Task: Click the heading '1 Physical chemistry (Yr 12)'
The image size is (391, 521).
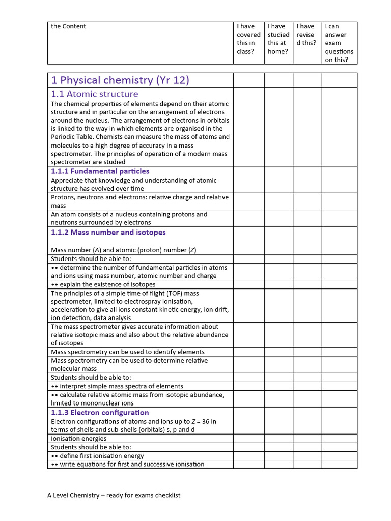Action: pos(120,80)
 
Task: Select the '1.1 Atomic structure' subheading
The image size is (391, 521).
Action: pos(94,94)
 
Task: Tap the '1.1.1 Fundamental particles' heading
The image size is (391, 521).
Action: pos(100,171)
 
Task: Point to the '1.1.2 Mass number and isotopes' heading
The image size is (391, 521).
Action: pos(108,233)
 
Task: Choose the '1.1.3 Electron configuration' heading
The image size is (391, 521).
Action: pos(100,413)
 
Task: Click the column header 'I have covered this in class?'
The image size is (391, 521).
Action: pos(248,39)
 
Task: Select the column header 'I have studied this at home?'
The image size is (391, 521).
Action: pos(278,39)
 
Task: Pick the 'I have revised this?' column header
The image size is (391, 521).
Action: pos(306,35)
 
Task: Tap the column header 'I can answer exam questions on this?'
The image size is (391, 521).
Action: pos(339,43)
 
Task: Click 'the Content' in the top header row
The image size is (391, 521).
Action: pos(69,26)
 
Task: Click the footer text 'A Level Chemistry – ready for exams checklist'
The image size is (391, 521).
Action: pos(115,495)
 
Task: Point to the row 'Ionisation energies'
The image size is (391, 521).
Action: pos(79,439)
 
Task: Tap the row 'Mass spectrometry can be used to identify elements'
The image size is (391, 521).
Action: pos(128,352)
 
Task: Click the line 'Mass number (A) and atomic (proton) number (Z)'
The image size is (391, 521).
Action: pos(124,250)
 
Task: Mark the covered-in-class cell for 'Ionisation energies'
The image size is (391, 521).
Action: pos(248,439)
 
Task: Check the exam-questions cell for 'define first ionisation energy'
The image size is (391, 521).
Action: pos(339,456)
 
